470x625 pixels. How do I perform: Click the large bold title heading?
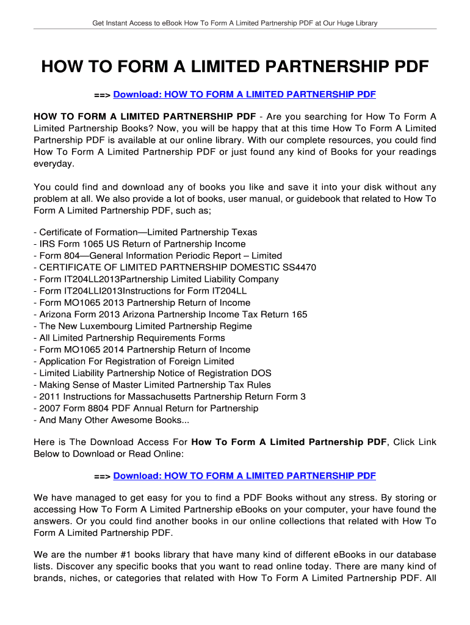(235, 66)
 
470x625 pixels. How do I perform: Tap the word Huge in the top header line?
(341, 23)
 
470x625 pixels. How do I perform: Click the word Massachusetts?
(179, 397)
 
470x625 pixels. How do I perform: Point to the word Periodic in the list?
(181, 256)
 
